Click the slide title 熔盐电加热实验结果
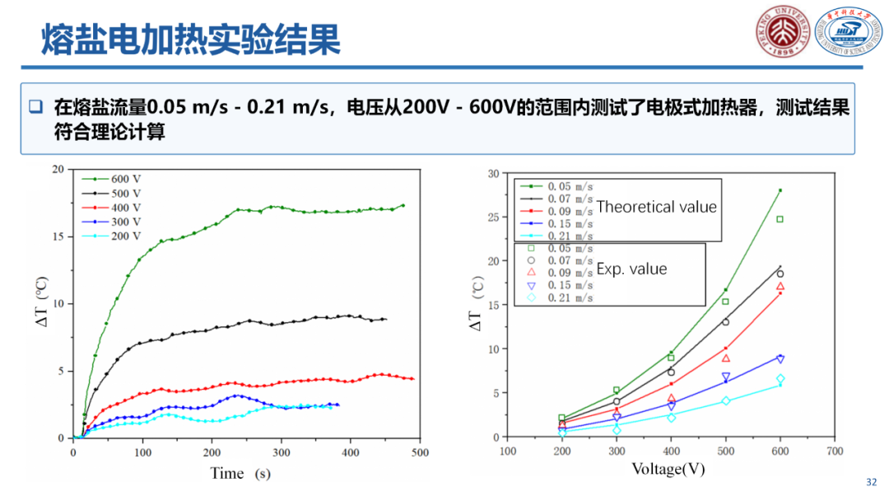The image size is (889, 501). [x=191, y=38]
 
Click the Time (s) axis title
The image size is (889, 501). [x=240, y=473]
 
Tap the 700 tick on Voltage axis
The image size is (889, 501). [x=835, y=451]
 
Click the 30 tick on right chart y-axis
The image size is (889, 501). [x=493, y=173]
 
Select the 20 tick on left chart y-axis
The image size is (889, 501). [x=58, y=169]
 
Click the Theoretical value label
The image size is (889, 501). [x=657, y=207]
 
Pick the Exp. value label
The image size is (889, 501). [x=631, y=269]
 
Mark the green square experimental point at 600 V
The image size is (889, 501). [x=780, y=219]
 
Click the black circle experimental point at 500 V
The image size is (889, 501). [x=725, y=321]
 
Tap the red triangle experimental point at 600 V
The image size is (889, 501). [x=780, y=287]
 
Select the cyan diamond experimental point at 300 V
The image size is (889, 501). [x=616, y=430]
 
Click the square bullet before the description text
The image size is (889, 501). [x=35, y=106]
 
